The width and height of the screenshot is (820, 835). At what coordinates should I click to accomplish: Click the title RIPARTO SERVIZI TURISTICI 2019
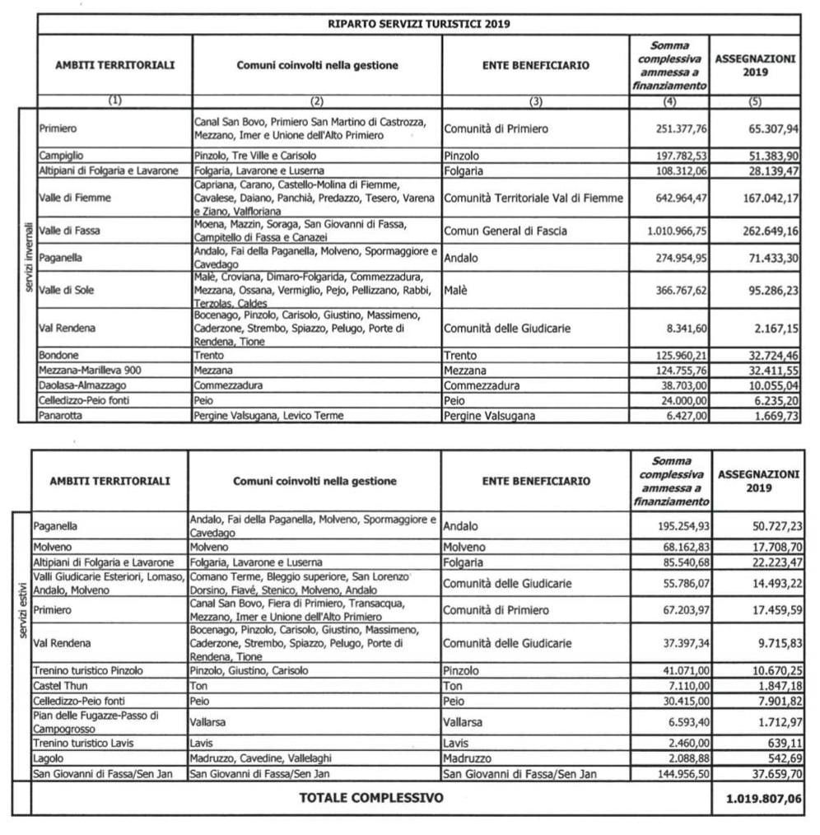(419, 23)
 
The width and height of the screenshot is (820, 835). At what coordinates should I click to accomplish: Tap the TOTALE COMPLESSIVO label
(370, 797)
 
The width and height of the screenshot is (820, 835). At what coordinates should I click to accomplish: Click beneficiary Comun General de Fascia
(505, 231)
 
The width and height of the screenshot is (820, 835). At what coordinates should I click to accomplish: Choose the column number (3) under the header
(536, 101)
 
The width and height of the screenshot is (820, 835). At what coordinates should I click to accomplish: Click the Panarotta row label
(61, 416)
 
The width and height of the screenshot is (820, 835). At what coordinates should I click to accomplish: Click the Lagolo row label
(48, 758)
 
